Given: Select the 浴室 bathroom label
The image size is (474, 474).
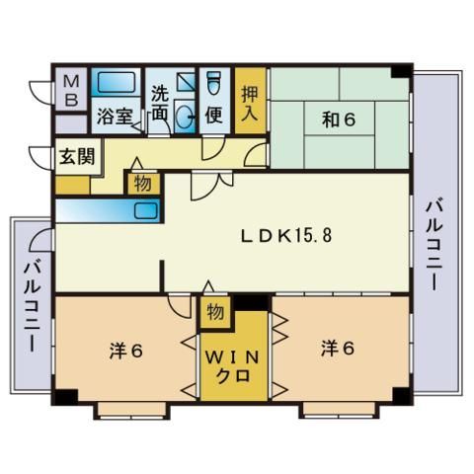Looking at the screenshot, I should click(x=115, y=116).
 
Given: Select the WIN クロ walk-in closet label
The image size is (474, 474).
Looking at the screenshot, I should click(x=233, y=363).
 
